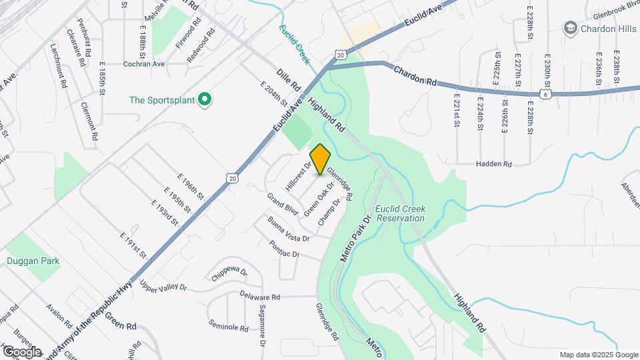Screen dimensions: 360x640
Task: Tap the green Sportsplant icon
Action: pyautogui.click(x=205, y=100)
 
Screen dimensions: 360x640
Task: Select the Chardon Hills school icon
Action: pyautogui.click(x=570, y=28)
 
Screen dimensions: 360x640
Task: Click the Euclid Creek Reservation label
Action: pyautogui.click(x=400, y=213)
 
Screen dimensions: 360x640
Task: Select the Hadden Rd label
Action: pyautogui.click(x=493, y=164)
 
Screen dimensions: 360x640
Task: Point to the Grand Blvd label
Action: pyautogui.click(x=281, y=205)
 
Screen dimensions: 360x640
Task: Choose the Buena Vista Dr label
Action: pyautogui.click(x=288, y=229)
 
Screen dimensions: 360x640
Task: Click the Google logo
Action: pyautogui.click(x=21, y=351)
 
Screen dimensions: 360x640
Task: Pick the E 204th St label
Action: pyautogui.click(x=275, y=95)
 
